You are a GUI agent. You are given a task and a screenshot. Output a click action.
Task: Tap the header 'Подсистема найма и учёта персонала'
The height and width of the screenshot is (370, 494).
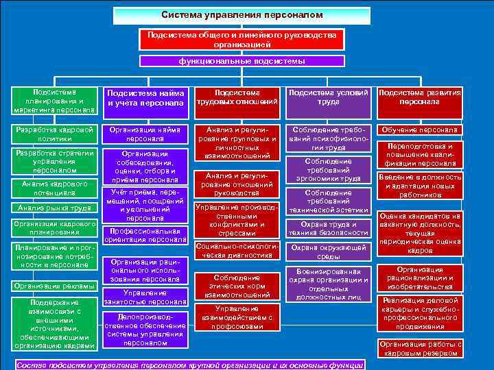click(145, 98)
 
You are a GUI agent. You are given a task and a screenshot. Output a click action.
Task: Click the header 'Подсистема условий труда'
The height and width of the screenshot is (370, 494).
click(328, 97)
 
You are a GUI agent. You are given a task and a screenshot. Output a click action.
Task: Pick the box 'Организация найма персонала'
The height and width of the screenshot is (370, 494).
click(145, 134)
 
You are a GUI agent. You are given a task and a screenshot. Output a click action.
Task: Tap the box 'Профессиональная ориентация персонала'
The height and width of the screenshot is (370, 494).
click(145, 235)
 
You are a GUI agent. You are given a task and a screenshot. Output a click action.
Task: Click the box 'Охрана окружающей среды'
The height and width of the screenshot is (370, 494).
click(328, 251)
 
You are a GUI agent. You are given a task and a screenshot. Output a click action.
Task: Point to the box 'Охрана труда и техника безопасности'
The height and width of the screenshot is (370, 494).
click(328, 228)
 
